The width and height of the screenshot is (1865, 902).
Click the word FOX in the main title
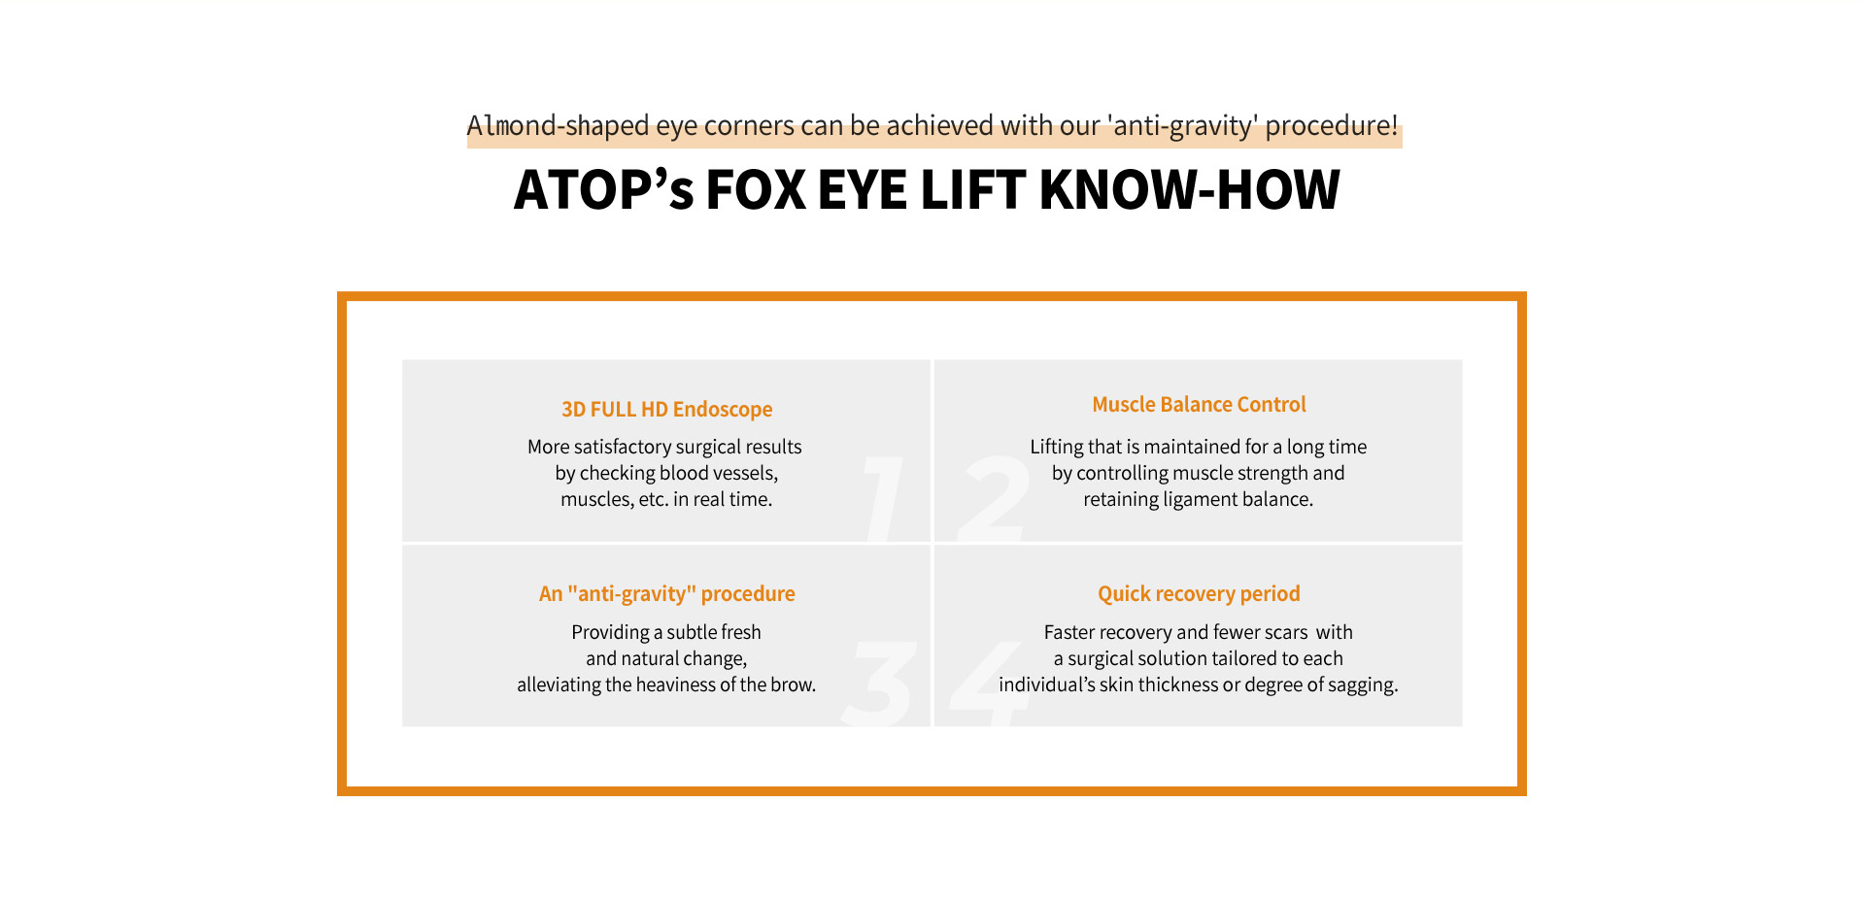point(756,189)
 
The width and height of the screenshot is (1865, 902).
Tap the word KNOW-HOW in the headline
point(1189,189)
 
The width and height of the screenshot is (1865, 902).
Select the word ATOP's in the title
point(603,189)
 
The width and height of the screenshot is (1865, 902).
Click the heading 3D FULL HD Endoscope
point(666,410)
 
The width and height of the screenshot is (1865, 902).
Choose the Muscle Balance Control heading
point(1199,405)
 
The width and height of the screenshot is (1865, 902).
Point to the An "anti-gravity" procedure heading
point(666,594)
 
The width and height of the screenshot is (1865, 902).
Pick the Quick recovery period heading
point(1199,594)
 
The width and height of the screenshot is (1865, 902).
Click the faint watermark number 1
point(883,499)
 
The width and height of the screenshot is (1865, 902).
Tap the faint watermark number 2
point(993,499)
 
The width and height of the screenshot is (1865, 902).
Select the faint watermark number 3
point(879,684)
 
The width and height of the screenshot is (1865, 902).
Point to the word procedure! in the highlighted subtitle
point(1332,126)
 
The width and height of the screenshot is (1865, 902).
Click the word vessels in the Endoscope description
point(743,473)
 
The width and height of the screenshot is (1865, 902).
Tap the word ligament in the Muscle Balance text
point(1200,500)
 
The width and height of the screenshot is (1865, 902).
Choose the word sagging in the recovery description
point(1363,685)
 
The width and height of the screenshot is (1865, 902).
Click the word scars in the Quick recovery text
point(1286,633)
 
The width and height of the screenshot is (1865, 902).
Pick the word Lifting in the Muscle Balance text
point(1057,448)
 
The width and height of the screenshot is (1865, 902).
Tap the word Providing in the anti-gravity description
point(610,633)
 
